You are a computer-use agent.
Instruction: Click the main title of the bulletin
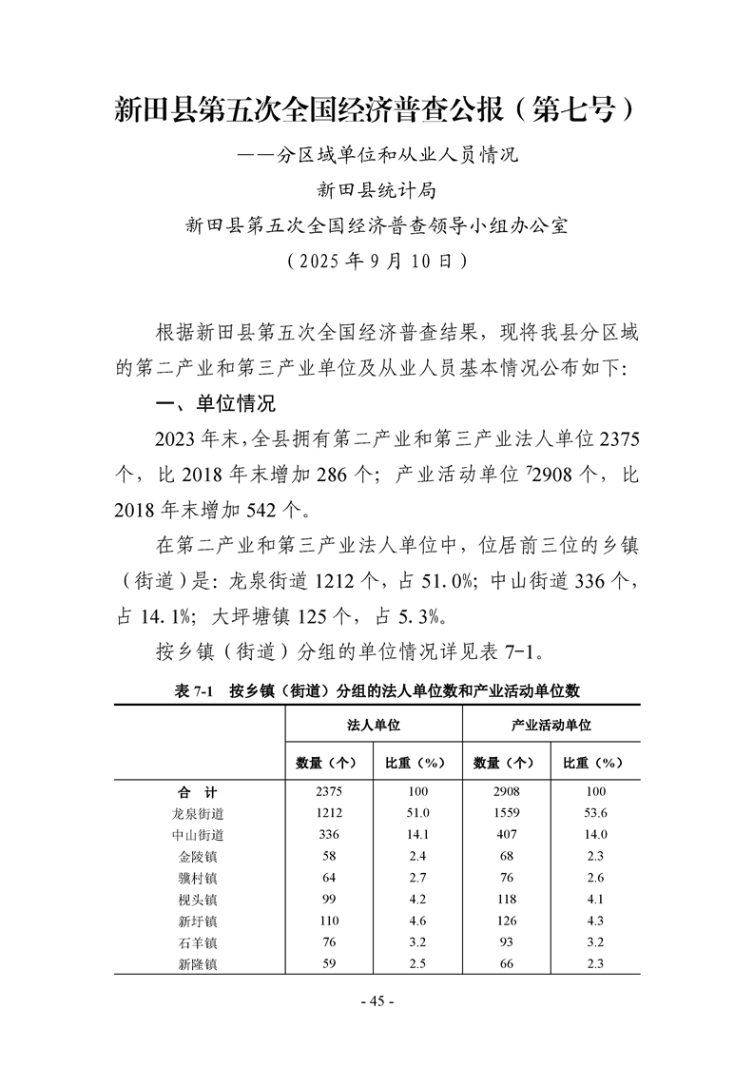pyautogui.click(x=377, y=108)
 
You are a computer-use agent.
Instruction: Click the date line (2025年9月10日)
pyautogui.click(x=377, y=259)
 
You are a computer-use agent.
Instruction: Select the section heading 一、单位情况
pyautogui.click(x=216, y=403)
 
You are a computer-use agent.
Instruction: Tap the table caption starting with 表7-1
pyautogui.click(x=377, y=690)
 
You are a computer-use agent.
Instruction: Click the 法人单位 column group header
pyautogui.click(x=374, y=725)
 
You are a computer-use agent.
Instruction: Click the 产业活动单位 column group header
pyautogui.click(x=551, y=725)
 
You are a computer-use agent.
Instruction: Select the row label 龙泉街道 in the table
pyautogui.click(x=198, y=813)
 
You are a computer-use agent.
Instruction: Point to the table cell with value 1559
pyautogui.click(x=507, y=813)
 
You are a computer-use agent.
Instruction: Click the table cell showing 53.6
pyautogui.click(x=596, y=813)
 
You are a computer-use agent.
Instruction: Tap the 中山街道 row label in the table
pyautogui.click(x=198, y=834)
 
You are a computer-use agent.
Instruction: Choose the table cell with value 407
pyautogui.click(x=507, y=834)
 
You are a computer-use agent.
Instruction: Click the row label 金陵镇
pyautogui.click(x=198, y=856)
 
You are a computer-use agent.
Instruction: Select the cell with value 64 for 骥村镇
pyautogui.click(x=330, y=877)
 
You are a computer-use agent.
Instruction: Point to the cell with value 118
pyautogui.click(x=507, y=899)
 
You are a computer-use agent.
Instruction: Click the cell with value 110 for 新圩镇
pyautogui.click(x=330, y=921)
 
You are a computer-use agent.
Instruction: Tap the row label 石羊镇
pyautogui.click(x=198, y=942)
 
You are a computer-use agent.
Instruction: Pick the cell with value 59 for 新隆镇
pyautogui.click(x=330, y=963)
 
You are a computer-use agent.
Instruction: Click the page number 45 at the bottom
pyautogui.click(x=377, y=1000)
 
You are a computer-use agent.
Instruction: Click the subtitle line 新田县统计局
pyautogui.click(x=377, y=190)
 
